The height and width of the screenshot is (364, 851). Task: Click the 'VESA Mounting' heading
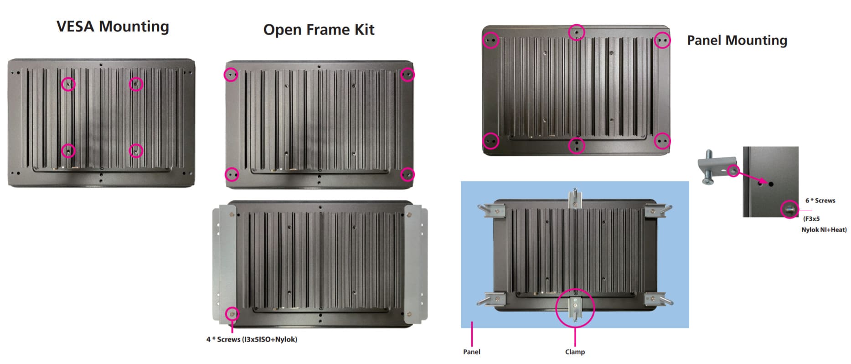click(113, 26)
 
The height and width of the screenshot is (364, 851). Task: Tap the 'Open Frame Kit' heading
click(319, 30)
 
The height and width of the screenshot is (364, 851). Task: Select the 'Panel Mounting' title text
click(737, 41)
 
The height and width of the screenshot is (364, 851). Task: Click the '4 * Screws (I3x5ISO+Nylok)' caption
click(252, 339)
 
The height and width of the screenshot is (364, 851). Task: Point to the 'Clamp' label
click(575, 352)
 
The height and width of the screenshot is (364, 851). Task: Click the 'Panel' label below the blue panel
click(471, 352)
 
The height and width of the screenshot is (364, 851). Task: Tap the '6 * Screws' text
click(820, 201)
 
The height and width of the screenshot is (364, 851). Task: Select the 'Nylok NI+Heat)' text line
click(824, 230)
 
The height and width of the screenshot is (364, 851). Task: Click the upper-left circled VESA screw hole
click(68, 84)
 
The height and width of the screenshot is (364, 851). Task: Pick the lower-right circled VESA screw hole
click(136, 151)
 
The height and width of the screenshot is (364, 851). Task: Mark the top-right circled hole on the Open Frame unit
click(407, 74)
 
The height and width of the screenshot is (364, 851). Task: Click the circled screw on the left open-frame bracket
click(232, 314)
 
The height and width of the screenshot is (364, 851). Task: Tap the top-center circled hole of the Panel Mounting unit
click(577, 32)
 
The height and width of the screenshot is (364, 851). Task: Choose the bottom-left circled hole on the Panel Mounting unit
click(490, 141)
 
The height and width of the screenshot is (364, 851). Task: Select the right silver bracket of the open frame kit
click(416, 264)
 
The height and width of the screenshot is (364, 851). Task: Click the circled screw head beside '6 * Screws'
click(790, 210)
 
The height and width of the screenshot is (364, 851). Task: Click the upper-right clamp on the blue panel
click(656, 211)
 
